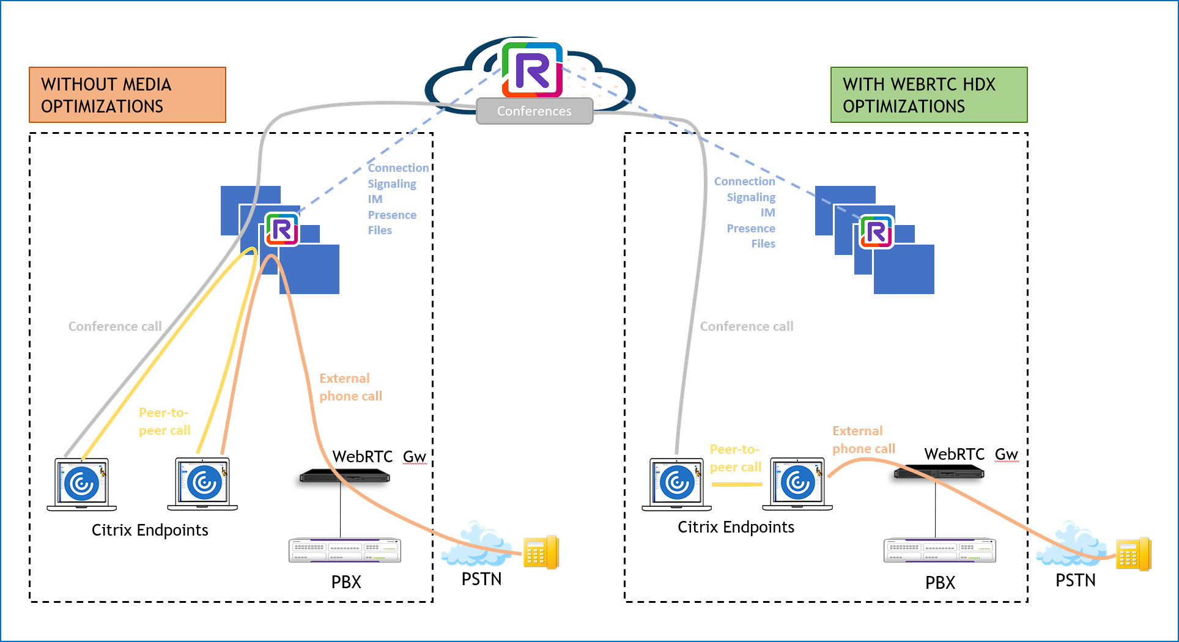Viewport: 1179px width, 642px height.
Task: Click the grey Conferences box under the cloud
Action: [534, 111]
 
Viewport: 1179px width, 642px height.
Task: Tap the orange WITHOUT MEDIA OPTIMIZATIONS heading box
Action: [127, 95]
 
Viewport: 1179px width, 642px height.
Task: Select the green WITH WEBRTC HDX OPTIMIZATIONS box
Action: [928, 95]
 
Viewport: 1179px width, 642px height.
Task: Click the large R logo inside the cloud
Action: [532, 70]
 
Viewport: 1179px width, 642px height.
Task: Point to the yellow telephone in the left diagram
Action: [541, 552]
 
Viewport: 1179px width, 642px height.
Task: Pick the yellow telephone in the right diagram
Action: [1133, 554]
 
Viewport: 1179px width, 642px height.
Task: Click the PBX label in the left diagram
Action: [346, 582]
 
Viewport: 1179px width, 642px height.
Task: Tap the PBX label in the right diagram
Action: [940, 583]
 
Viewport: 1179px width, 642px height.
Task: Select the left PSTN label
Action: [481, 579]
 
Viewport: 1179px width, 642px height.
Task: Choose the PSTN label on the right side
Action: [1075, 580]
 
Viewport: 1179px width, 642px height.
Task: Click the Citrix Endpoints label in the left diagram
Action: [150, 530]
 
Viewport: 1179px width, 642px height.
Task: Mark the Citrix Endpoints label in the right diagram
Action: [736, 527]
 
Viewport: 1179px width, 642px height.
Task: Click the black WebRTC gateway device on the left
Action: [344, 476]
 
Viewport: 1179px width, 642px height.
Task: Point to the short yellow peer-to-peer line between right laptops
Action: [737, 484]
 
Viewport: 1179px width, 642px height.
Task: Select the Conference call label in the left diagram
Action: [115, 327]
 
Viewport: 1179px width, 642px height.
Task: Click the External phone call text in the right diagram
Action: [863, 440]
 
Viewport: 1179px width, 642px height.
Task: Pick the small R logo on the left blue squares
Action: [282, 230]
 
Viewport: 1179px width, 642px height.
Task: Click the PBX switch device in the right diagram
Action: [939, 550]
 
